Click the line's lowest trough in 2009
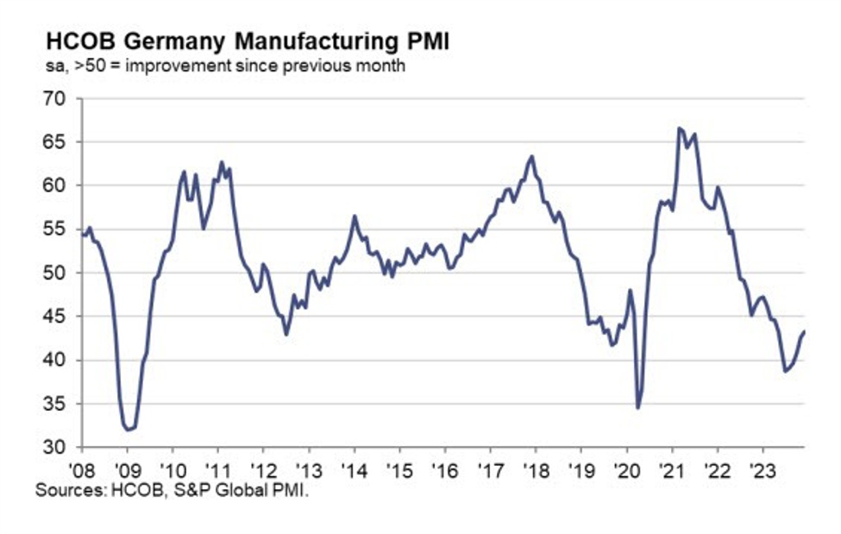[128, 429]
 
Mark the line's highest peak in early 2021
[679, 129]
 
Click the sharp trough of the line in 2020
[637, 407]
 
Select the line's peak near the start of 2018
[532, 156]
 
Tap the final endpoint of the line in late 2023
[805, 331]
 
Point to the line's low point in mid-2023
[785, 371]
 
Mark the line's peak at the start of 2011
[222, 161]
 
